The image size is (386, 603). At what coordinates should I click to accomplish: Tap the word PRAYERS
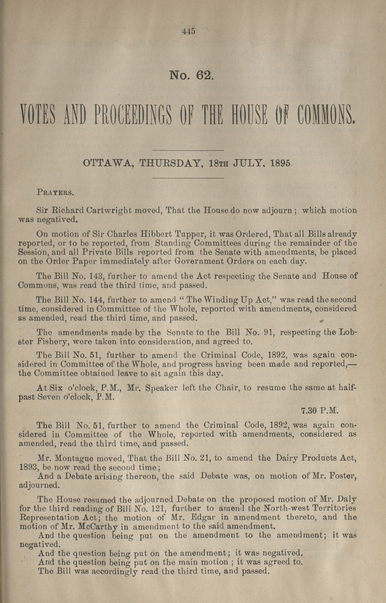(x=55, y=193)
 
